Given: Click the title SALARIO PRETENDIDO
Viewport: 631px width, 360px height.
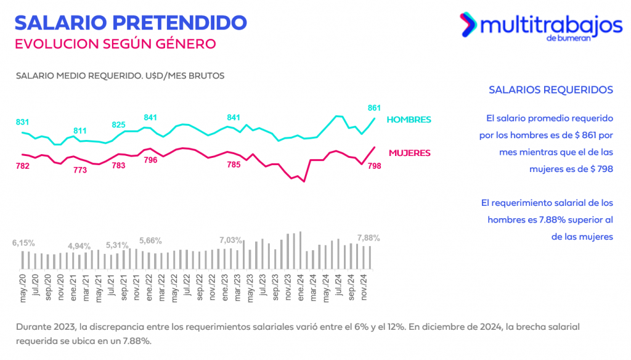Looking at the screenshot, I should (130, 22).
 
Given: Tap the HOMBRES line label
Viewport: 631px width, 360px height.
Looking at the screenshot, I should (409, 120).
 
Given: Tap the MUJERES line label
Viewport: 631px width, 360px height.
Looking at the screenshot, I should (409, 152).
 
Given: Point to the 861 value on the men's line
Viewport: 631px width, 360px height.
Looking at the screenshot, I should (375, 107).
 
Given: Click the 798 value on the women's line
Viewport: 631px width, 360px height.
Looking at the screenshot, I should (374, 166).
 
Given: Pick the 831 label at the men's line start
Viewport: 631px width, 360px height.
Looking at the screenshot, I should (23, 122).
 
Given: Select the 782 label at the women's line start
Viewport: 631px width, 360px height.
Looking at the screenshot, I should (23, 166).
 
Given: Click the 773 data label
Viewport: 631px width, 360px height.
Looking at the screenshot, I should (80, 170).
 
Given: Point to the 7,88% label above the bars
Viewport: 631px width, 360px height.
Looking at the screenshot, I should (368, 238).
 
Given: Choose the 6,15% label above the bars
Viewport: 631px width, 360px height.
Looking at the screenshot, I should (23, 243).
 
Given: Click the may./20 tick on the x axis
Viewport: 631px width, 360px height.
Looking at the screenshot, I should (23, 287).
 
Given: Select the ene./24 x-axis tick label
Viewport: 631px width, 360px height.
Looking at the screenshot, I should (301, 287).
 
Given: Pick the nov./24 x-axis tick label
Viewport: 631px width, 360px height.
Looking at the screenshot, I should (364, 287).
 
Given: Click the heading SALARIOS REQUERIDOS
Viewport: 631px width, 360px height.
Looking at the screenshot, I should (550, 90).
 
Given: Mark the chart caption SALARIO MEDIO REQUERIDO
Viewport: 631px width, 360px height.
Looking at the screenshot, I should (120, 76).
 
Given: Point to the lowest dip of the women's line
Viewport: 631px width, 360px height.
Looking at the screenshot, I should (304, 182).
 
